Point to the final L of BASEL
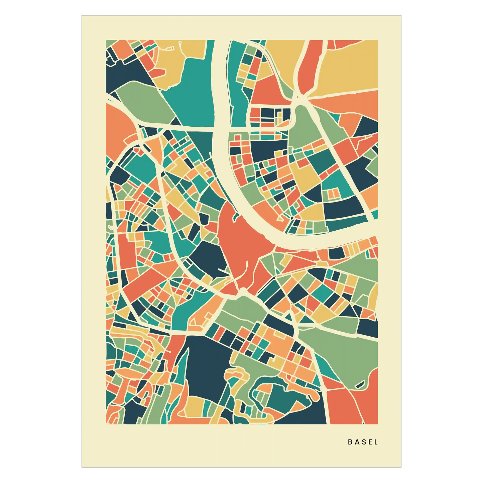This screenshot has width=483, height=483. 376,442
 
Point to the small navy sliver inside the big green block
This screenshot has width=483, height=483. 360,385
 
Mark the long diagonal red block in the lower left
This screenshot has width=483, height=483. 144,284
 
